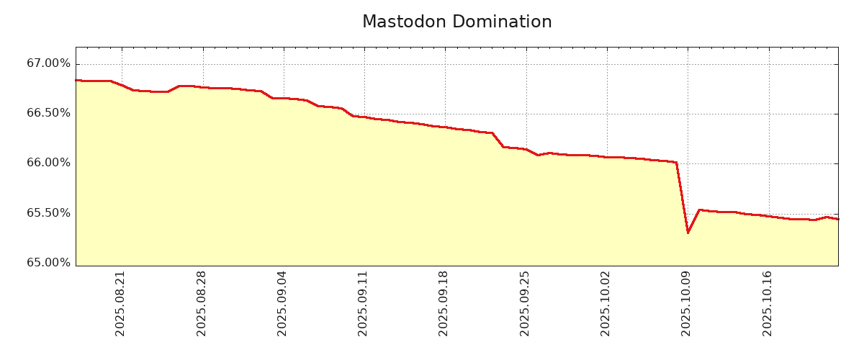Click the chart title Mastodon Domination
tap(456, 22)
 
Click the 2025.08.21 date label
tap(120, 303)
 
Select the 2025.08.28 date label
tap(202, 303)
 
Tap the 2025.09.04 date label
tap(282, 303)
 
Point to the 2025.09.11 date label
tap(363, 303)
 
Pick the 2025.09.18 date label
tap(444, 303)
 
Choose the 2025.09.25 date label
tap(525, 303)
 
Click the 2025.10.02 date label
tap(606, 303)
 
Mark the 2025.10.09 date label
tap(686, 303)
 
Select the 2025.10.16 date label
tap(768, 303)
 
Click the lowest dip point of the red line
tap(688, 233)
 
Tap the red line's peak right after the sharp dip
tap(699, 210)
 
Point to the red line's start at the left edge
tap(76, 80)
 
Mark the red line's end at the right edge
tap(837, 219)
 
